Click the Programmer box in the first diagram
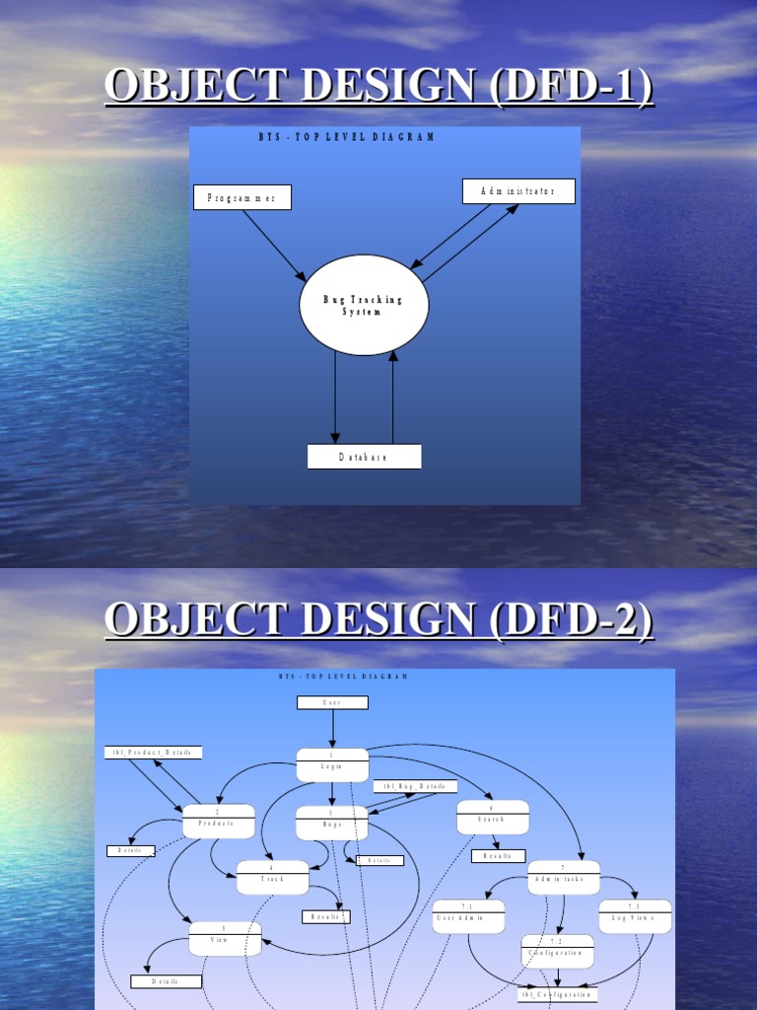point(241,197)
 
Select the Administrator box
point(518,191)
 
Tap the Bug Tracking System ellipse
point(364,305)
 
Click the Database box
point(364,457)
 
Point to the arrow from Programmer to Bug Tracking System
point(274,246)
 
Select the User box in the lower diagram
point(332,702)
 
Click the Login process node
point(332,764)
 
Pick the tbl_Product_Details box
point(153,753)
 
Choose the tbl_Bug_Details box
point(415,786)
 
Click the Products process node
point(219,821)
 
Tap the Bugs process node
point(332,823)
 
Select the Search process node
point(493,817)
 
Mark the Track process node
point(272,877)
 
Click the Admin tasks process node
point(564,877)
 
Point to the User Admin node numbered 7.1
point(468,916)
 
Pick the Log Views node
point(635,916)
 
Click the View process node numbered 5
point(225,938)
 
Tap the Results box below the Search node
point(498,856)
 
